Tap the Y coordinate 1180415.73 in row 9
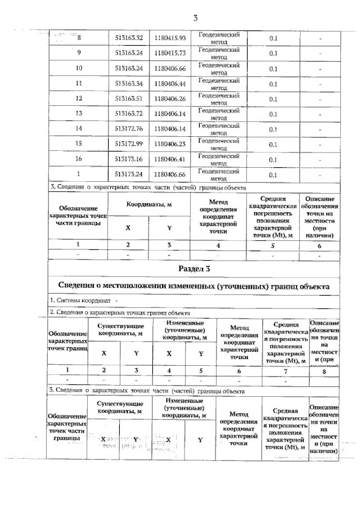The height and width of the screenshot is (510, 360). pos(170,53)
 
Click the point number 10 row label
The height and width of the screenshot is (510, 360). pos(79,69)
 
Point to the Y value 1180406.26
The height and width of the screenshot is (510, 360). pos(170,99)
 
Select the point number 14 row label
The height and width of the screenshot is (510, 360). pos(79,129)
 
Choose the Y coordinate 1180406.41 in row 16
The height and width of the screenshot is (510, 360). pos(170,160)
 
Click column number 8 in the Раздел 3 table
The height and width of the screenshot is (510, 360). pos(325,370)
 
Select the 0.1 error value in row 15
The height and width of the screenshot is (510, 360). pos(274,145)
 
